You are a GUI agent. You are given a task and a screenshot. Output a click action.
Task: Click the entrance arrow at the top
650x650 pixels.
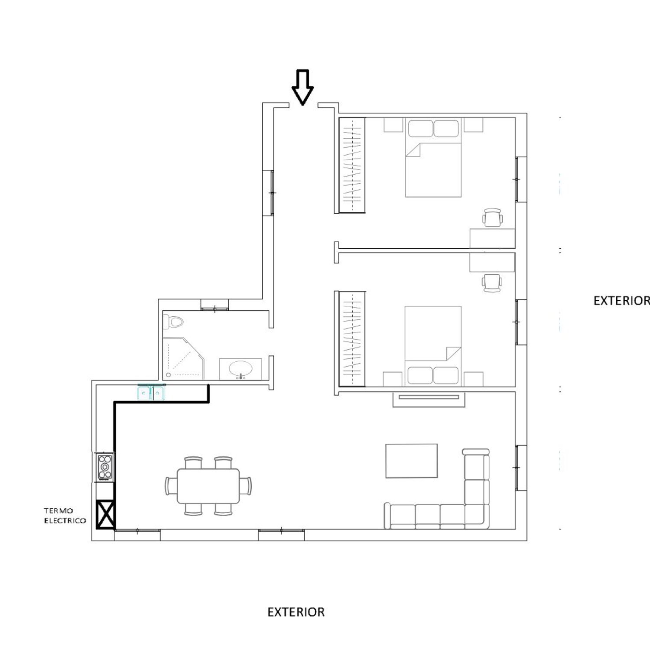point(302,87)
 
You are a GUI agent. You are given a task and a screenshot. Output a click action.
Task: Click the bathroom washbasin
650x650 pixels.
point(240,369)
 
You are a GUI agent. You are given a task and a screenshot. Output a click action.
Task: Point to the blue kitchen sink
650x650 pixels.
point(151,392)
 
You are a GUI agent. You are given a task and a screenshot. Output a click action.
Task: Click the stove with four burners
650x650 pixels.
point(104,467)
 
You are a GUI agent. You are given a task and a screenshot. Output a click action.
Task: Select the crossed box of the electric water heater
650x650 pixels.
point(105,514)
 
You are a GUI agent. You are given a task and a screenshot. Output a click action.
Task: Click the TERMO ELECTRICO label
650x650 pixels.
point(65,516)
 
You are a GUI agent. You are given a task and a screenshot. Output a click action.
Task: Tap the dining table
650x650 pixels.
point(208,486)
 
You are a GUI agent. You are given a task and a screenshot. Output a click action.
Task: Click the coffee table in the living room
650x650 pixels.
point(411,461)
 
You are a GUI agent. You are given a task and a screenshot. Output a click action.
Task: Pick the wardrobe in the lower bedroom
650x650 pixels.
point(352,338)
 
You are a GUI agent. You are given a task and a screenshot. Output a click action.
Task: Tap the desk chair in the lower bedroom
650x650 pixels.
point(494,282)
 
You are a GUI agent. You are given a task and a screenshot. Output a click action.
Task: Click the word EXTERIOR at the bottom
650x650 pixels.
point(296,612)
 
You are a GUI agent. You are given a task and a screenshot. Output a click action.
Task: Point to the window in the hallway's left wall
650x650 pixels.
point(272,192)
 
